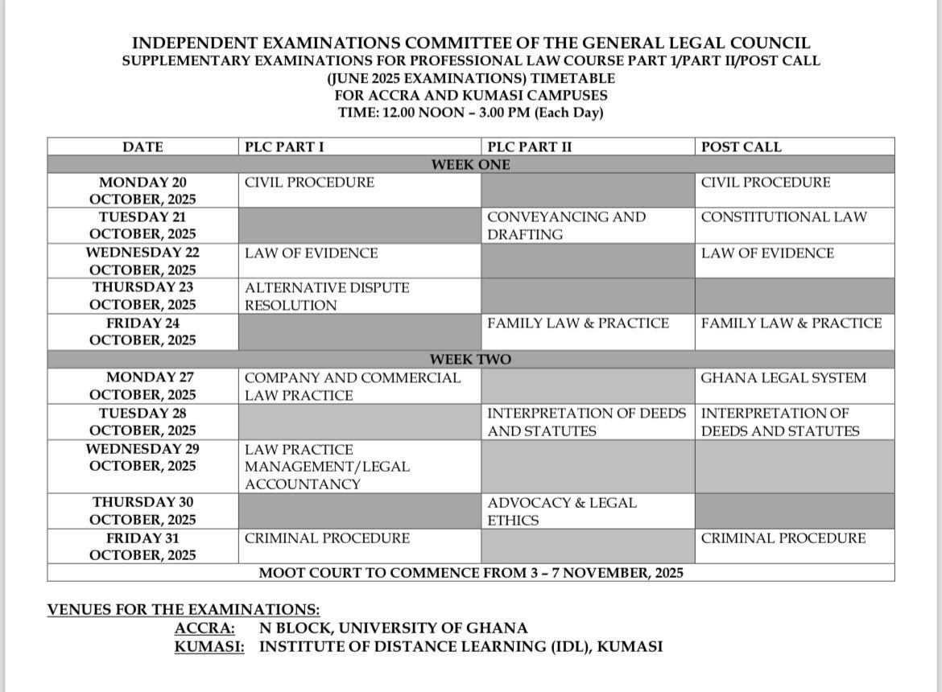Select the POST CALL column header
click(x=741, y=147)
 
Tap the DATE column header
click(x=143, y=147)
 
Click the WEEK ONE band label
click(x=470, y=165)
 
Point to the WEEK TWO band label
click(x=470, y=360)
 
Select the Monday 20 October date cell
click(x=143, y=191)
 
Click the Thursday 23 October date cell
click(x=143, y=296)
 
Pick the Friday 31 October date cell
click(x=143, y=546)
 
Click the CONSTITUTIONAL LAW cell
click(x=783, y=217)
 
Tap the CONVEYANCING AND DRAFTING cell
click(x=566, y=225)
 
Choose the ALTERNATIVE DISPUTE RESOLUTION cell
click(x=327, y=296)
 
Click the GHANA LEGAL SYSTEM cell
click(x=783, y=378)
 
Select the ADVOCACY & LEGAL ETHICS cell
click(x=561, y=511)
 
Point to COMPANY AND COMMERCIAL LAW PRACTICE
click(x=353, y=386)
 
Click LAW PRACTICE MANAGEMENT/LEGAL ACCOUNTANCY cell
click(x=327, y=467)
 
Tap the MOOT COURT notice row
click(x=470, y=573)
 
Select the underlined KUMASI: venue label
click(x=209, y=646)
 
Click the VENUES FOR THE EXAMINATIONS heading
click(x=184, y=610)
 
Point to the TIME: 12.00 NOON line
click(x=470, y=113)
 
